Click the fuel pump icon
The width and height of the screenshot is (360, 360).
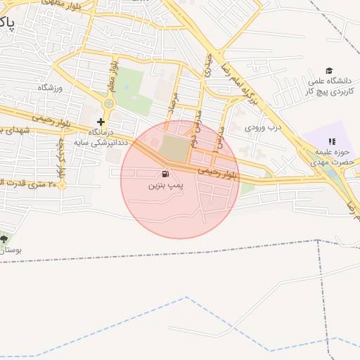(x=165, y=174)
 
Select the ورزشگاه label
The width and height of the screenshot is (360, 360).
(x=50, y=87)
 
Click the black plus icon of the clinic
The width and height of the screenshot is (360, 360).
(x=101, y=122)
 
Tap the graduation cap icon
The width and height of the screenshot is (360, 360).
(x=329, y=70)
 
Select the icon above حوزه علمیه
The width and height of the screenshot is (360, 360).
(x=332, y=141)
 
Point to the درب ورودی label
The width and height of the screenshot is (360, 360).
(x=263, y=128)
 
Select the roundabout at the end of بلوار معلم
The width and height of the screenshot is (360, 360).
(x=108, y=104)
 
